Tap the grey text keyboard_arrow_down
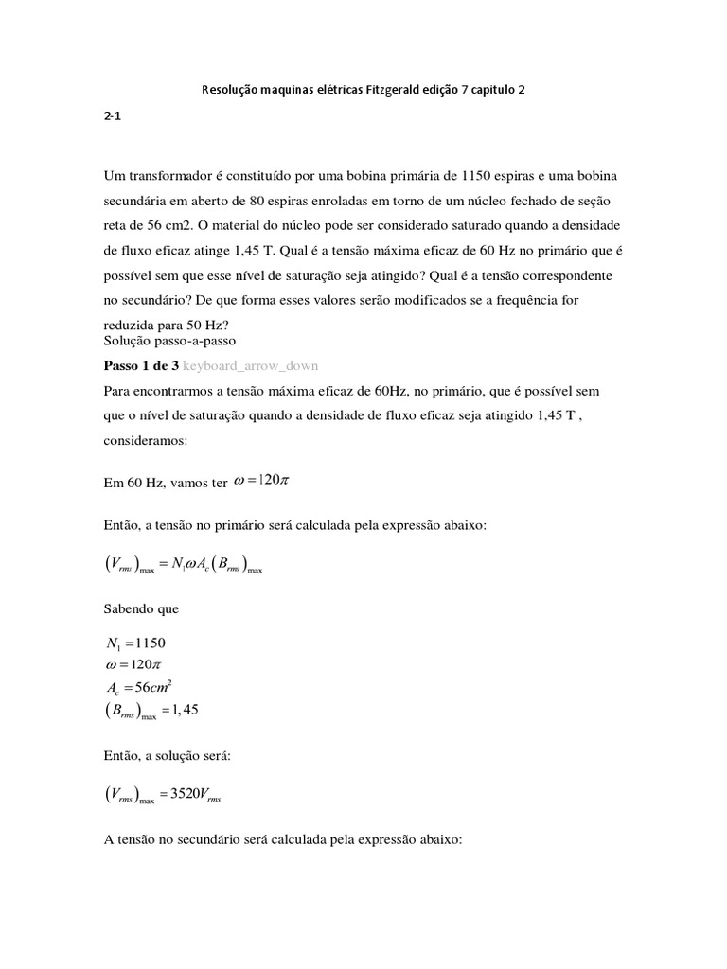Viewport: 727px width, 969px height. click(251, 364)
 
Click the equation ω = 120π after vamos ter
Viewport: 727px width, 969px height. click(261, 480)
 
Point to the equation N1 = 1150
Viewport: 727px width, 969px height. click(137, 643)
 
